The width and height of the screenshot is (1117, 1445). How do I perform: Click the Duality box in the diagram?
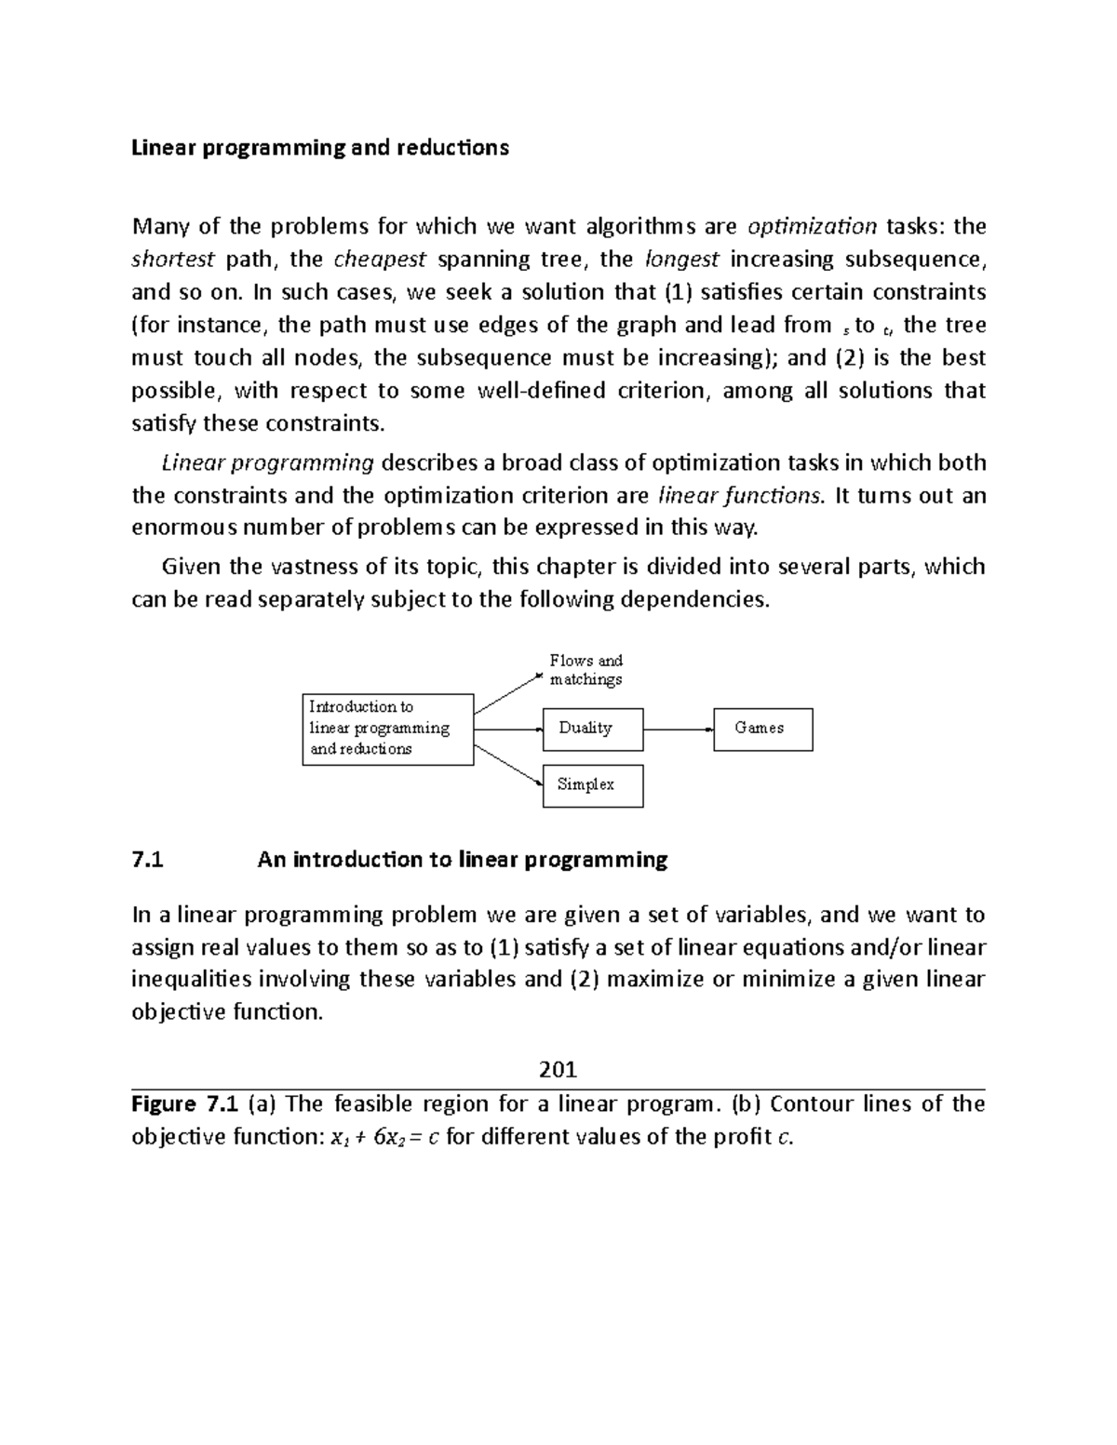tap(592, 729)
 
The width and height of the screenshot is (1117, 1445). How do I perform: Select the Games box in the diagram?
tap(762, 729)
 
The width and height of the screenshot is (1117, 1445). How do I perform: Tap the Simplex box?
tap(592, 785)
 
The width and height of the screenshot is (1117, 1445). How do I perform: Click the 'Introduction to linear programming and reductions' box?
tap(387, 729)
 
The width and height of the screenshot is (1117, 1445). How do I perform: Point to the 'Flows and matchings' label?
tap(585, 670)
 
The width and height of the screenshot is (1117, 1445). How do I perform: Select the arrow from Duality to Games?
tap(678, 729)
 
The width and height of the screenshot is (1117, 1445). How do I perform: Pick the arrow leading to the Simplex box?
tap(507, 764)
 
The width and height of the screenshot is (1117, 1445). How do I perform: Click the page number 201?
tap(558, 1069)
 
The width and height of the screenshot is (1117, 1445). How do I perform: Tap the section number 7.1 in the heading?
tap(148, 860)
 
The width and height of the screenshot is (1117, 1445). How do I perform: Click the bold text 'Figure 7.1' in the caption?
tap(186, 1104)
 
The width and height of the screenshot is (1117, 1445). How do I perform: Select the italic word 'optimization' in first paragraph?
tap(813, 226)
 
